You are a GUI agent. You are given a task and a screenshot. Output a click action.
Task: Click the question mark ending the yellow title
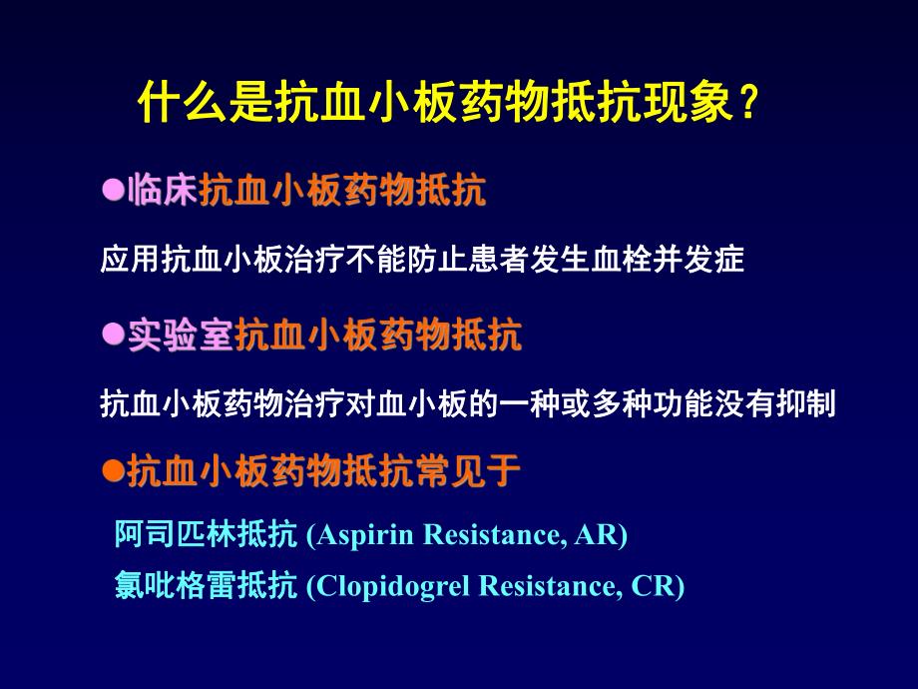pyautogui.click(x=749, y=103)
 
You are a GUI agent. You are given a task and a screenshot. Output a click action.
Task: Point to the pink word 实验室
pyautogui.click(x=180, y=337)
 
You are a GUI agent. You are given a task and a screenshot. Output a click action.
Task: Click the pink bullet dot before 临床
pyautogui.click(x=113, y=189)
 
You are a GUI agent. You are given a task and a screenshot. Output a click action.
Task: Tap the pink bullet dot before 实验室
pyautogui.click(x=113, y=336)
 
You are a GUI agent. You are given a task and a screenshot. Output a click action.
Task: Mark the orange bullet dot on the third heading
pyautogui.click(x=113, y=468)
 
